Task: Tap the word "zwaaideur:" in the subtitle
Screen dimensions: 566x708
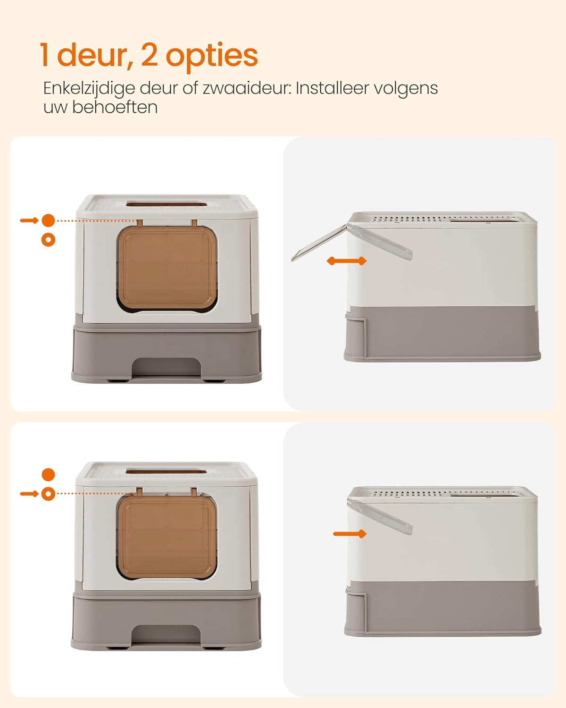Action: tap(247, 88)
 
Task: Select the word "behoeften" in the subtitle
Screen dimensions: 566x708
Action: tap(115, 107)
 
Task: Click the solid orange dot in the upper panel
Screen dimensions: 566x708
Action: tap(48, 220)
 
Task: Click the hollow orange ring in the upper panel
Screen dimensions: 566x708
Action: tap(48, 240)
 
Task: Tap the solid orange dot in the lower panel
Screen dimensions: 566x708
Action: tap(48, 474)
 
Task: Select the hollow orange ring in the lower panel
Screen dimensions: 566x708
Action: tap(48, 494)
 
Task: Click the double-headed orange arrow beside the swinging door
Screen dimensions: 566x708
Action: tap(347, 261)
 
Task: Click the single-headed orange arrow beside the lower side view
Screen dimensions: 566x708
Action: tap(350, 534)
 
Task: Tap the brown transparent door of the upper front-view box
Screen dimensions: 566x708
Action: tap(167, 268)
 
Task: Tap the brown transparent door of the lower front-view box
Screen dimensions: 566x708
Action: tap(167, 538)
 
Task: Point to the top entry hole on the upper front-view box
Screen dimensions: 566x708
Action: tap(167, 204)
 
